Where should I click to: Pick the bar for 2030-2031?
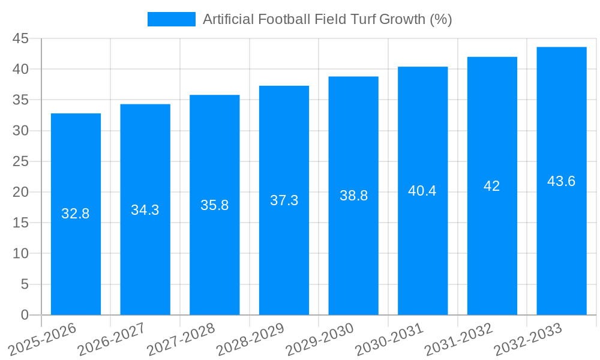[422, 252]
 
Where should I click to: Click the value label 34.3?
[145, 210]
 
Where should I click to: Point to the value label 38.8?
[353, 196]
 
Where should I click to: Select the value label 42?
[492, 186]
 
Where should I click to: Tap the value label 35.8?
[214, 205]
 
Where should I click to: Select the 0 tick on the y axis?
[25, 315]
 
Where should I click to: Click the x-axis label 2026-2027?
[112, 339]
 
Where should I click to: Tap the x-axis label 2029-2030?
[319, 339]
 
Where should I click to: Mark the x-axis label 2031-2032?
[458, 339]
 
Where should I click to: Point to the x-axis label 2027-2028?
[181, 339]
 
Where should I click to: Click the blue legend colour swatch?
[172, 19]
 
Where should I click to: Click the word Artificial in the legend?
[228, 19]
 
